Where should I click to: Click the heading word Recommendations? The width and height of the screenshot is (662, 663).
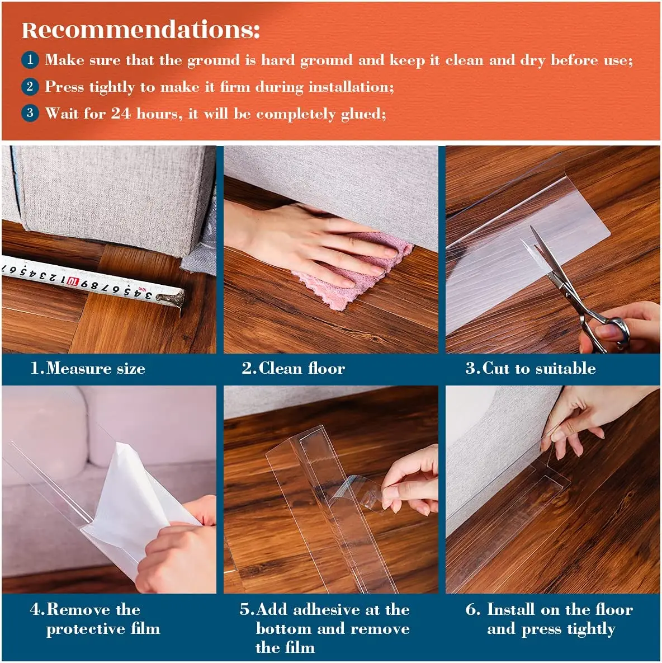pos(140,30)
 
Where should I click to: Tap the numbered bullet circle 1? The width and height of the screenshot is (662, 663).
pos(30,59)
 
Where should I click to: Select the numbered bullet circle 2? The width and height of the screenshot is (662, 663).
pos(30,86)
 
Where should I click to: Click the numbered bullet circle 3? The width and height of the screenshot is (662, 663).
pos(30,112)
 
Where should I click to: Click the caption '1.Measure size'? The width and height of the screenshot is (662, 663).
pos(88,368)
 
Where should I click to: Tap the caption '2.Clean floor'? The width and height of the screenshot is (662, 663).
pos(293,368)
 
